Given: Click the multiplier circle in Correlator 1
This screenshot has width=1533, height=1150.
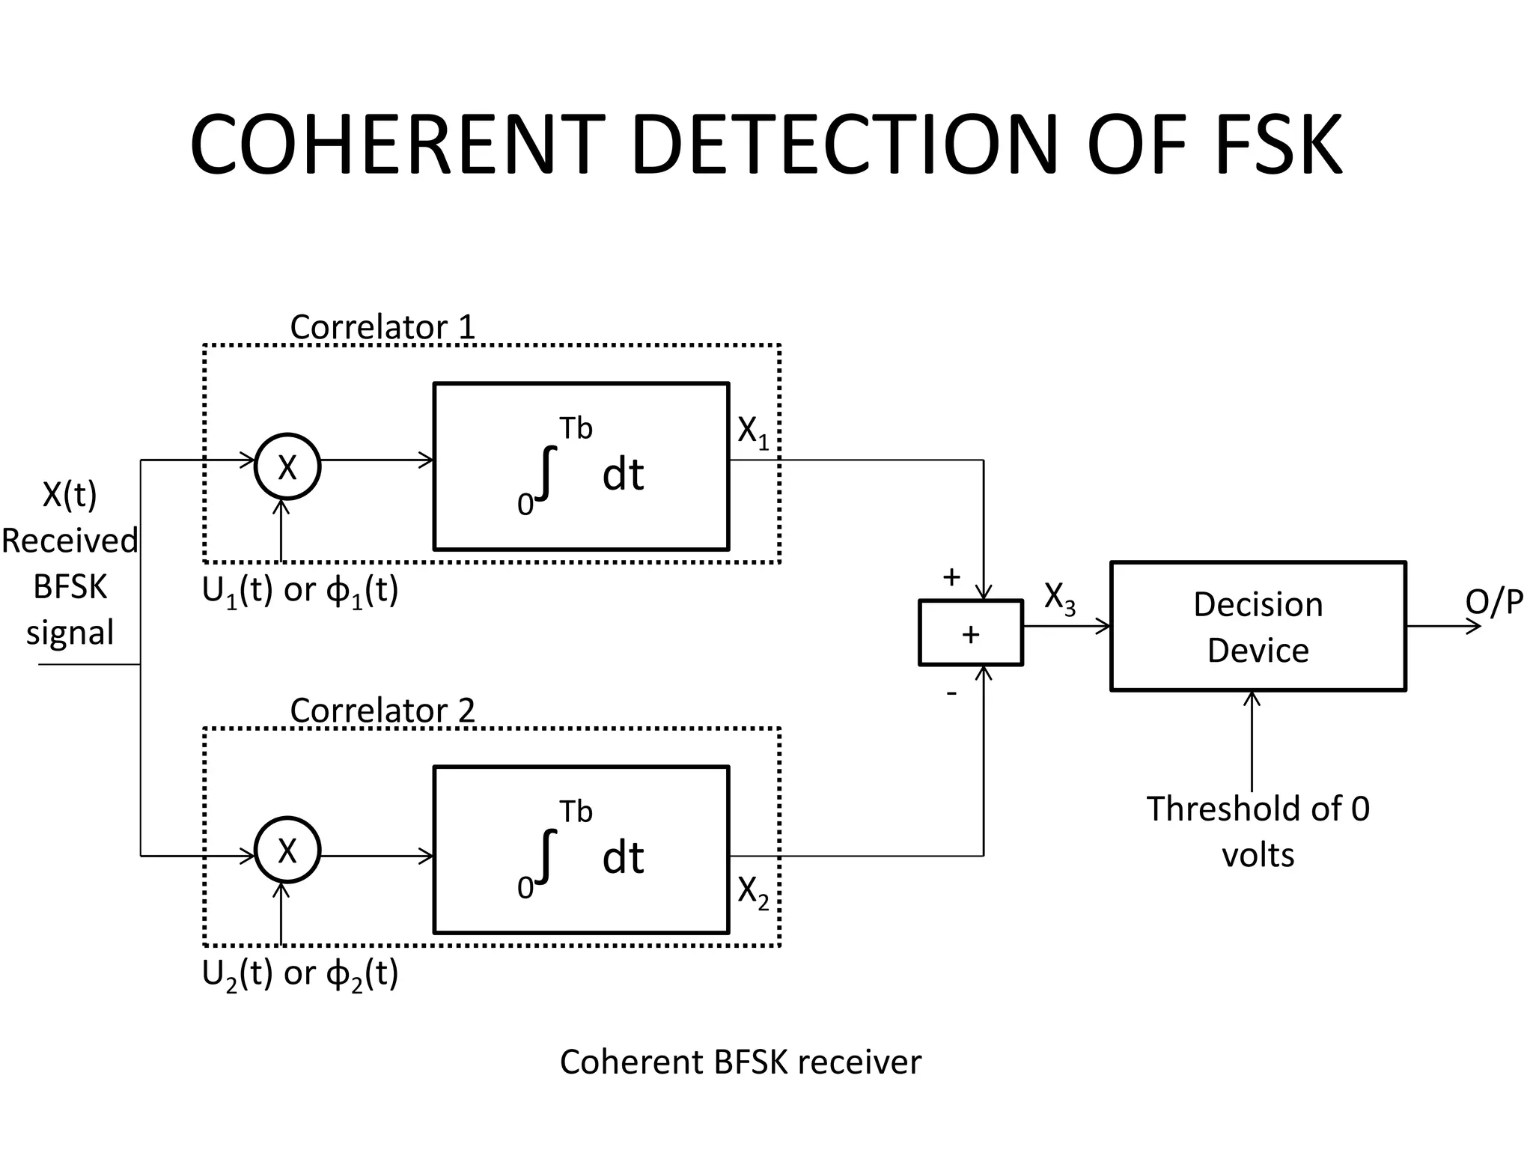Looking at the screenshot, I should point(287,466).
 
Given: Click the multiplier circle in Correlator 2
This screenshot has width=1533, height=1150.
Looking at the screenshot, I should point(287,851).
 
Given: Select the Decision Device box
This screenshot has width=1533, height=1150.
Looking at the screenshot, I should point(1258,626).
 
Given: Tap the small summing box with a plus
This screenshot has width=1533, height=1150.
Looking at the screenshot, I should point(970,633).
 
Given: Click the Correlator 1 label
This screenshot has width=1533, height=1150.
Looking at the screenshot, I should point(383,327).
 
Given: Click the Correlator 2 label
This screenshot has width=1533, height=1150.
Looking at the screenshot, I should point(383,711).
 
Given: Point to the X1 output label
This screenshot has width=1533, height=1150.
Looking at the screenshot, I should point(752,432).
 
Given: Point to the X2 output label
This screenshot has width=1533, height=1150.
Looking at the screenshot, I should point(752,892).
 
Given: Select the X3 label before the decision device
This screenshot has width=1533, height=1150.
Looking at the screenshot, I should point(1059,598).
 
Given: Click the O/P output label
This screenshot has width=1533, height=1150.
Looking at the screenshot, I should point(1494,601).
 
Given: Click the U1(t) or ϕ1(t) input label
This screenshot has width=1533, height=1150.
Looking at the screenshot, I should point(300,591).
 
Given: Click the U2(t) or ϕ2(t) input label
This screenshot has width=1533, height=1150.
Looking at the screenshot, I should point(300,975).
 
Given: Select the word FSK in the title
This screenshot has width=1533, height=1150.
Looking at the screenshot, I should point(1278,146).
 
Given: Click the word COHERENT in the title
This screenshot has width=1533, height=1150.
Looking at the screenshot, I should point(397,146).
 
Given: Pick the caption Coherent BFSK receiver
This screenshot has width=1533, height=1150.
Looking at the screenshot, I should point(740,1062).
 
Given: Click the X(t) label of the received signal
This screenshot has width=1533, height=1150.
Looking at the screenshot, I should point(70,494).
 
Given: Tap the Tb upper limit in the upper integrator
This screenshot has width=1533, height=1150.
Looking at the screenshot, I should point(576,429).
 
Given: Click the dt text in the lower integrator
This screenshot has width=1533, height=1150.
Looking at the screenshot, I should point(623,858).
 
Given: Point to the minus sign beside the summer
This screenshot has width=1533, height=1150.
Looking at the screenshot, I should point(951,693).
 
